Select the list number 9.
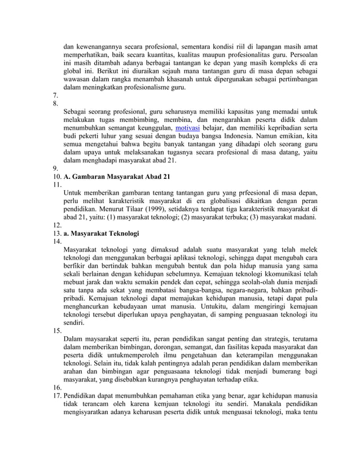click(x=55, y=168)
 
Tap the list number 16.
click(x=56, y=388)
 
